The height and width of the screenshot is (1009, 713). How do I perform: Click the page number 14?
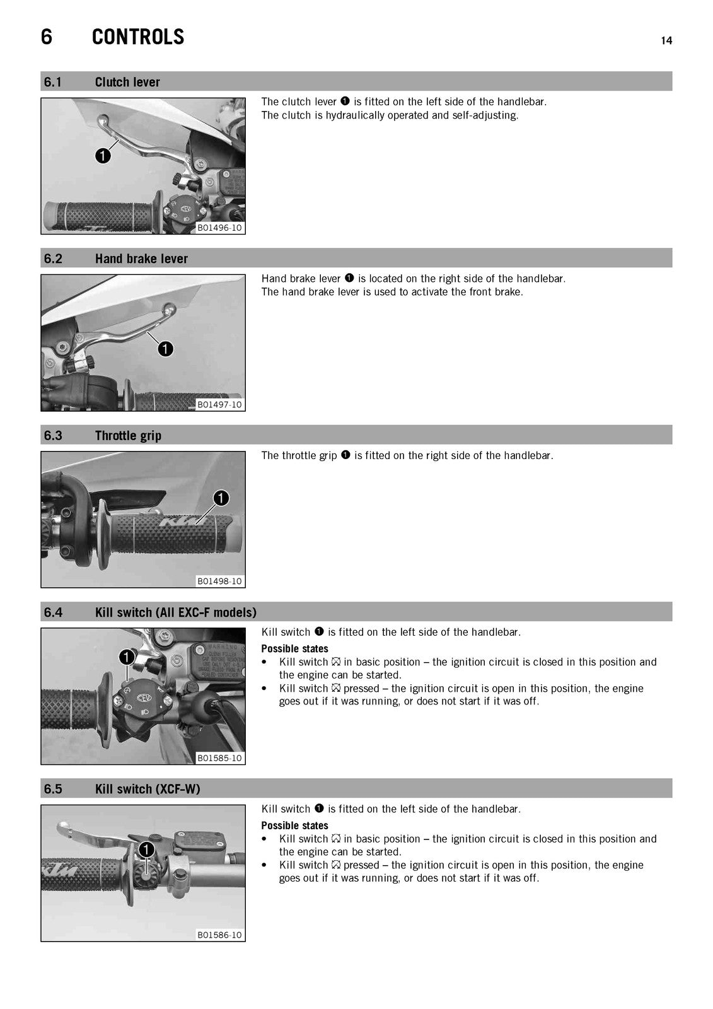coord(666,40)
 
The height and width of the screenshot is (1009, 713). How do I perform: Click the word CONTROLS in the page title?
coord(138,37)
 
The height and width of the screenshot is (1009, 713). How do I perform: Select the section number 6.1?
coord(53,82)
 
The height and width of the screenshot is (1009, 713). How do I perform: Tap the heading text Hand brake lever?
coord(141,259)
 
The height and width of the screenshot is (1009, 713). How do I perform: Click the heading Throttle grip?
coord(128,436)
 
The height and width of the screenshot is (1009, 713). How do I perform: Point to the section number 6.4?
coord(53,612)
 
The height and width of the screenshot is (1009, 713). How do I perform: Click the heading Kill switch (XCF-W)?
coord(148,789)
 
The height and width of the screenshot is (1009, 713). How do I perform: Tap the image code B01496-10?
coord(219,228)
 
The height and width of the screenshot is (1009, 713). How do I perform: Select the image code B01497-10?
coord(219,404)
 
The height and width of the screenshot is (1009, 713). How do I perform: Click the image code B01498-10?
coord(219,581)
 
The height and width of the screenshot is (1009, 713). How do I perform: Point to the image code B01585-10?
coord(219,758)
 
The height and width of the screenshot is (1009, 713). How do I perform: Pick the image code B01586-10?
coord(219,935)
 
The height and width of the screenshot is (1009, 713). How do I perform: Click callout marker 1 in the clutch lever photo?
coord(103,156)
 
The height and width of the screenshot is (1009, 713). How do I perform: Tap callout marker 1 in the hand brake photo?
coord(166,349)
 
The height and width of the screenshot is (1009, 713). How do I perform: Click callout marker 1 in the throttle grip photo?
coord(221,498)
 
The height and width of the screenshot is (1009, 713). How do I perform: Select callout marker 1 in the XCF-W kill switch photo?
coord(146,851)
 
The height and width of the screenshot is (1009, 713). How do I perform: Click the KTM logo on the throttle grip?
coord(179,523)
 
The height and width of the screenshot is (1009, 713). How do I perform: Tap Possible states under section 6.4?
coord(294,649)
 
